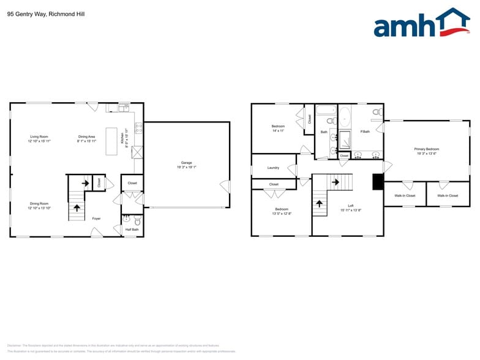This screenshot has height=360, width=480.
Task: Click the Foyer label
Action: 96,218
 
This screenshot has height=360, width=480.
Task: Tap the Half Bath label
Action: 132,230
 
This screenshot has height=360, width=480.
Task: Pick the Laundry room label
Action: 273,168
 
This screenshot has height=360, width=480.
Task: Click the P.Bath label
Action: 365,132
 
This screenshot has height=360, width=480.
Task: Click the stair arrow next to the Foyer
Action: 77,208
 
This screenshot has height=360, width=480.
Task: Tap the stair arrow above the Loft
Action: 334,181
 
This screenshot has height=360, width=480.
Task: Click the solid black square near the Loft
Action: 378,182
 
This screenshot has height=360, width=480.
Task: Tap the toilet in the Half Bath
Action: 137,220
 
